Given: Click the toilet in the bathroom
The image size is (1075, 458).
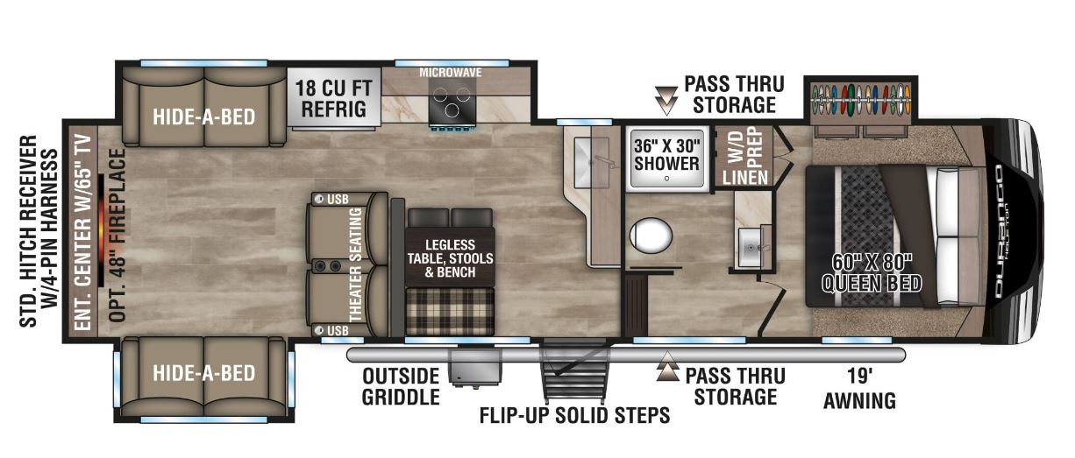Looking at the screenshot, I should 650,235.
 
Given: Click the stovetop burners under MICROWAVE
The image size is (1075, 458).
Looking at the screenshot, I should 452,106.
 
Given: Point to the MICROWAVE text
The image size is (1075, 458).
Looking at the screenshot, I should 451,72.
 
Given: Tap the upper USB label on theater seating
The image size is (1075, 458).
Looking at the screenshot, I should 336,200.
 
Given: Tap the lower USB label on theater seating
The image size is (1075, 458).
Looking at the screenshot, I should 336,330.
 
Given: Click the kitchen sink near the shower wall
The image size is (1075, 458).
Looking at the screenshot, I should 587,157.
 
